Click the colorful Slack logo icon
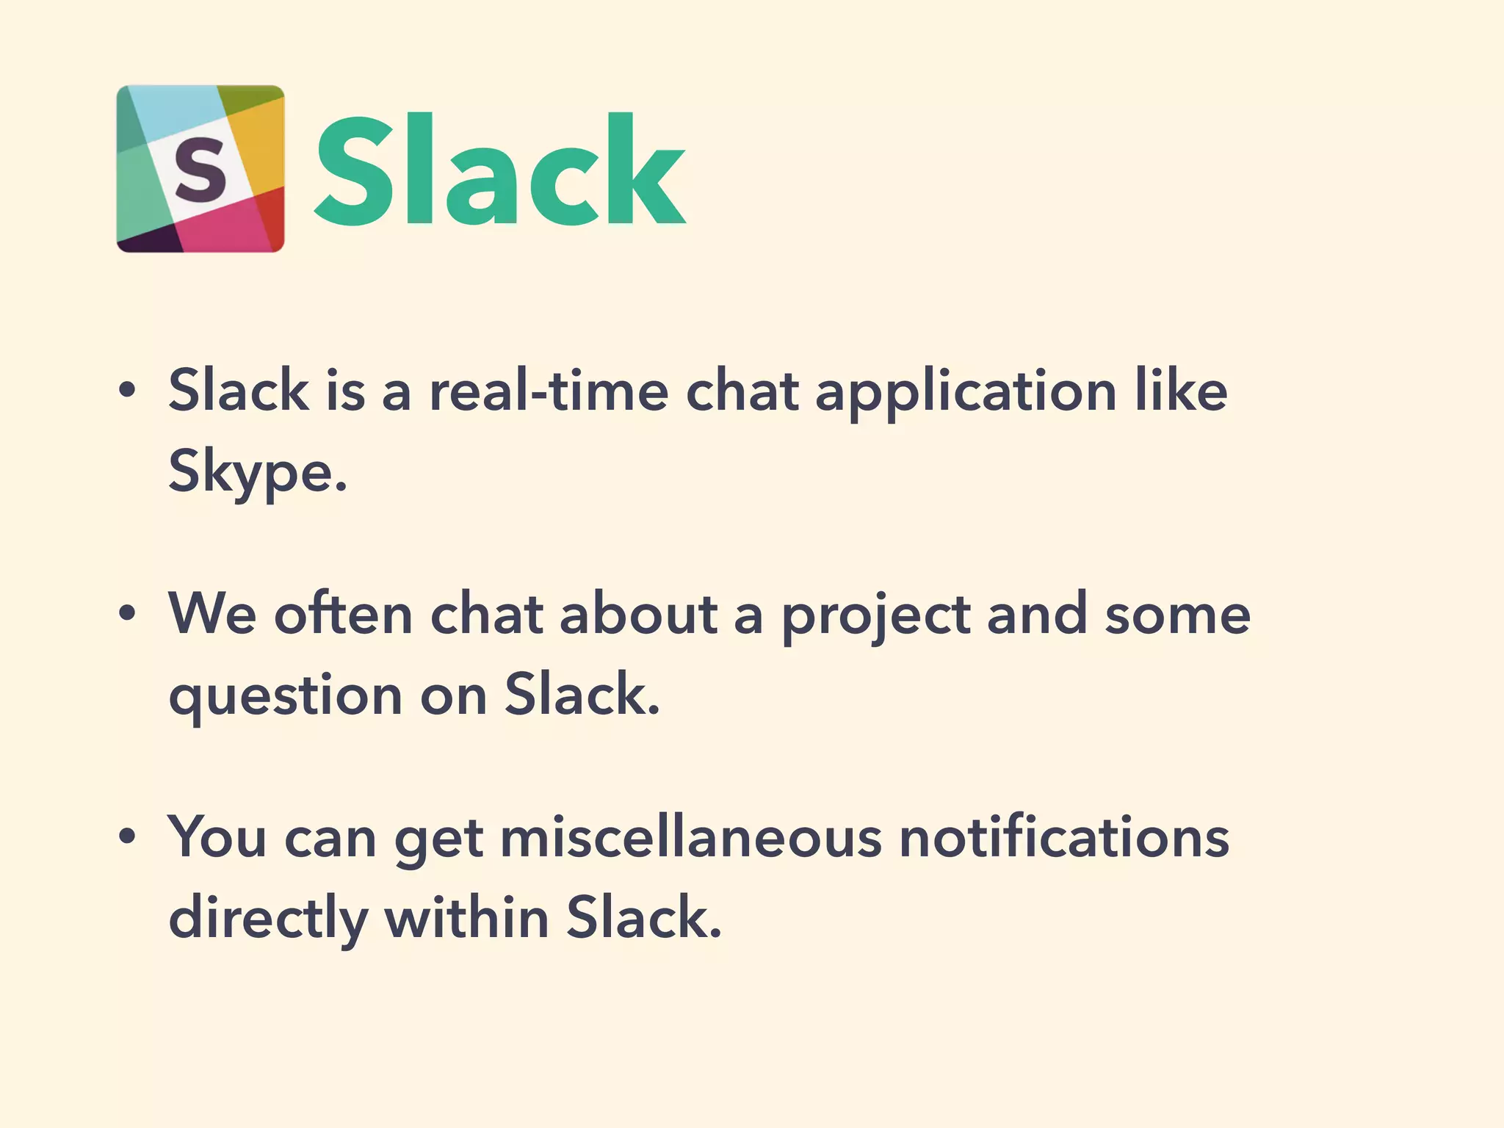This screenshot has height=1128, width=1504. [x=200, y=169]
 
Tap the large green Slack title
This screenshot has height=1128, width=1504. [x=500, y=170]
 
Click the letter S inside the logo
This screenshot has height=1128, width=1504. [x=200, y=170]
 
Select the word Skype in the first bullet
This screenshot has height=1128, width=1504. [x=257, y=471]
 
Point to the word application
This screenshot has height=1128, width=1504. [x=966, y=392]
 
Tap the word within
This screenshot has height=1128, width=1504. [x=467, y=918]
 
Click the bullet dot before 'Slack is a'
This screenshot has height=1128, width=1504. [x=128, y=391]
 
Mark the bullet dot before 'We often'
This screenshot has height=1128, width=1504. [x=128, y=614]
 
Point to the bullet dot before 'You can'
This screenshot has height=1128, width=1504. [x=128, y=836]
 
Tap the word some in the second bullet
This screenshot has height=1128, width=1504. [x=1178, y=615]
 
